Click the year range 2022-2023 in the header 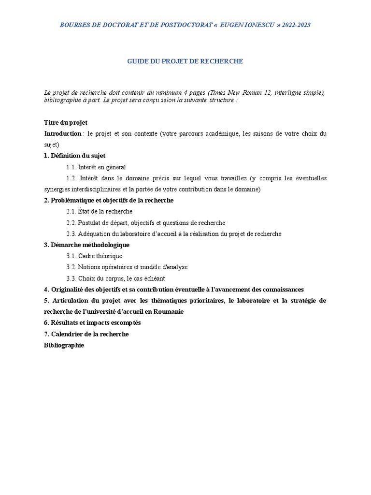(294, 25)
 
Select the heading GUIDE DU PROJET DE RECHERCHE (185, 61)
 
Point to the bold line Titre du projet (66, 123)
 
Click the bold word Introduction (63, 133)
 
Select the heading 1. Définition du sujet (74, 156)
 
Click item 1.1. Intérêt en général (96, 167)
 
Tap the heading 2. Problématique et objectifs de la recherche (109, 200)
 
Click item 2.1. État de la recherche (100, 211)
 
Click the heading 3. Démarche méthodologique (86, 245)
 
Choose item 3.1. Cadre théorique (94, 256)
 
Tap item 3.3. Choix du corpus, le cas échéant (116, 278)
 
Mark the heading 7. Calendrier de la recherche (86, 334)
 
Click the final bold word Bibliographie (64, 345)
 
